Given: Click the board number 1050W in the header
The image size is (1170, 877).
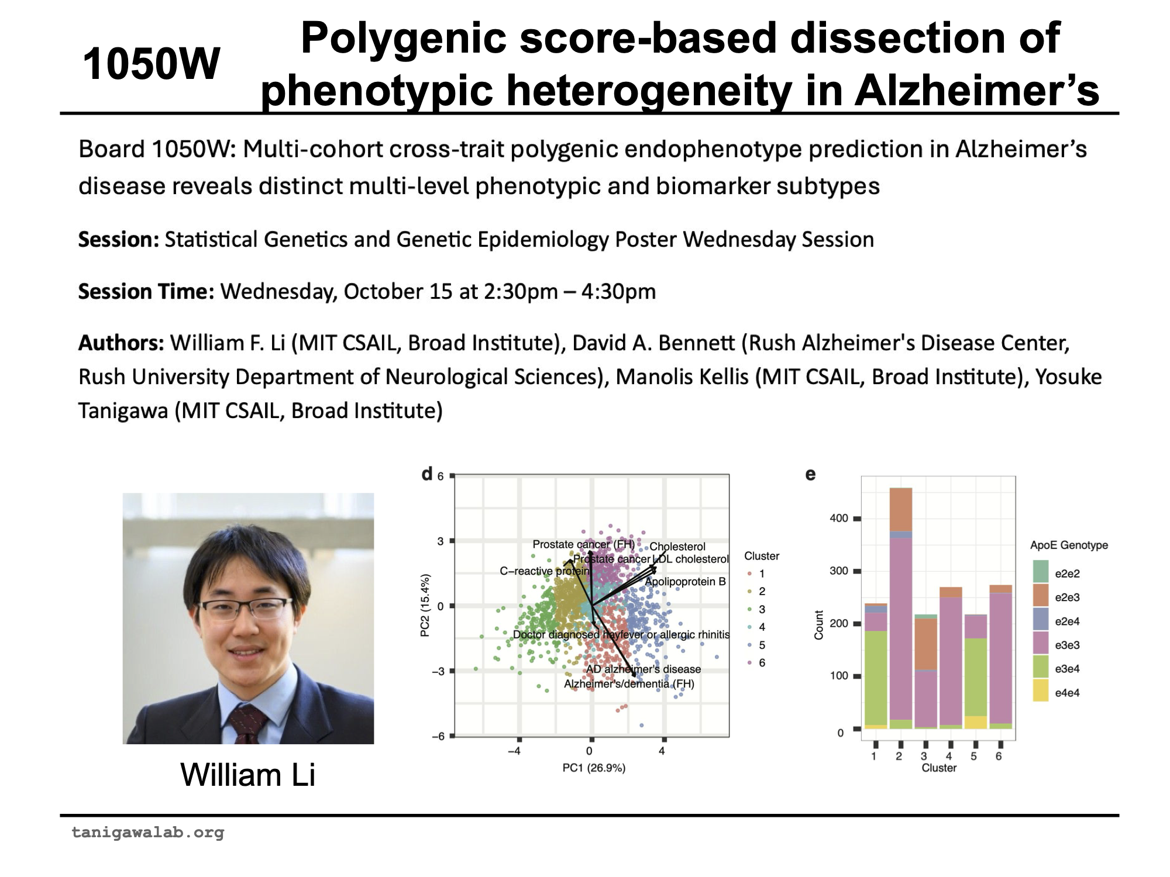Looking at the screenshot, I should tap(151, 64).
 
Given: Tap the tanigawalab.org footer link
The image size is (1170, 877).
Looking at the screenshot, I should tap(148, 832).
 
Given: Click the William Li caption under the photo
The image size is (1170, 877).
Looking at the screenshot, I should tap(247, 775).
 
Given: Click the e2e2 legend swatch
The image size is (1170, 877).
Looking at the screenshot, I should tap(1041, 571).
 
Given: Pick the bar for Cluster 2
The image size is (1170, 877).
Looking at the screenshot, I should tap(900, 608).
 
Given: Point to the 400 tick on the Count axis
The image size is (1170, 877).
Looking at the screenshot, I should tap(839, 519).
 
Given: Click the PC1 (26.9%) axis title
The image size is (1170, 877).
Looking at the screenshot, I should tap(594, 768).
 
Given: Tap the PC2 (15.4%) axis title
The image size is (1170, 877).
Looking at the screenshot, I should tap(425, 605).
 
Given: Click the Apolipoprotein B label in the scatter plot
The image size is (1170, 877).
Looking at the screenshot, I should tap(685, 582).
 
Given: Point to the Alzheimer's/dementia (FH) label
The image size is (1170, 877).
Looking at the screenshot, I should tap(629, 684).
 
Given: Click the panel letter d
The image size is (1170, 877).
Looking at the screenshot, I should tap(428, 474).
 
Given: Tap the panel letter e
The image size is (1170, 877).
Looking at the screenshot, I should tap(810, 474).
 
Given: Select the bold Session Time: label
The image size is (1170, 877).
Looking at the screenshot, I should tap(146, 292).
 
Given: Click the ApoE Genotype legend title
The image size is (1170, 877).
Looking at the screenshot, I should tap(1069, 545).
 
